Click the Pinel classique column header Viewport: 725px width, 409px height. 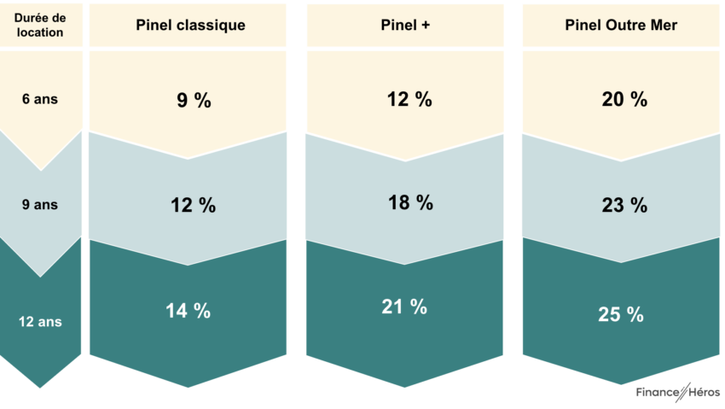(x=190, y=25)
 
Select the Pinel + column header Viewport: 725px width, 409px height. (x=405, y=25)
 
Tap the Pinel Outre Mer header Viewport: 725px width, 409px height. (x=621, y=25)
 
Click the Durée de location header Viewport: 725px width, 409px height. (x=39, y=26)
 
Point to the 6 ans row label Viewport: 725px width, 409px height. (x=39, y=98)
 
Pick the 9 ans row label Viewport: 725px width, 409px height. (x=39, y=204)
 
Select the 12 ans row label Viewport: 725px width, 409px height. (x=40, y=322)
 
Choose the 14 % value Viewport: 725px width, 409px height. (x=188, y=311)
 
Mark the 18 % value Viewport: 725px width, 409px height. (x=410, y=203)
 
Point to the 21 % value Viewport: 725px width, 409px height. (x=404, y=307)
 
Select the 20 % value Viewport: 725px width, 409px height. (x=625, y=99)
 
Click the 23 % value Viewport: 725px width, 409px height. (x=625, y=206)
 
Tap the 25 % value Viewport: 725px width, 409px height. (x=621, y=313)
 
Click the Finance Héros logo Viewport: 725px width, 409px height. (x=677, y=392)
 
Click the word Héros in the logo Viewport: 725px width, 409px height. (x=701, y=392)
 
